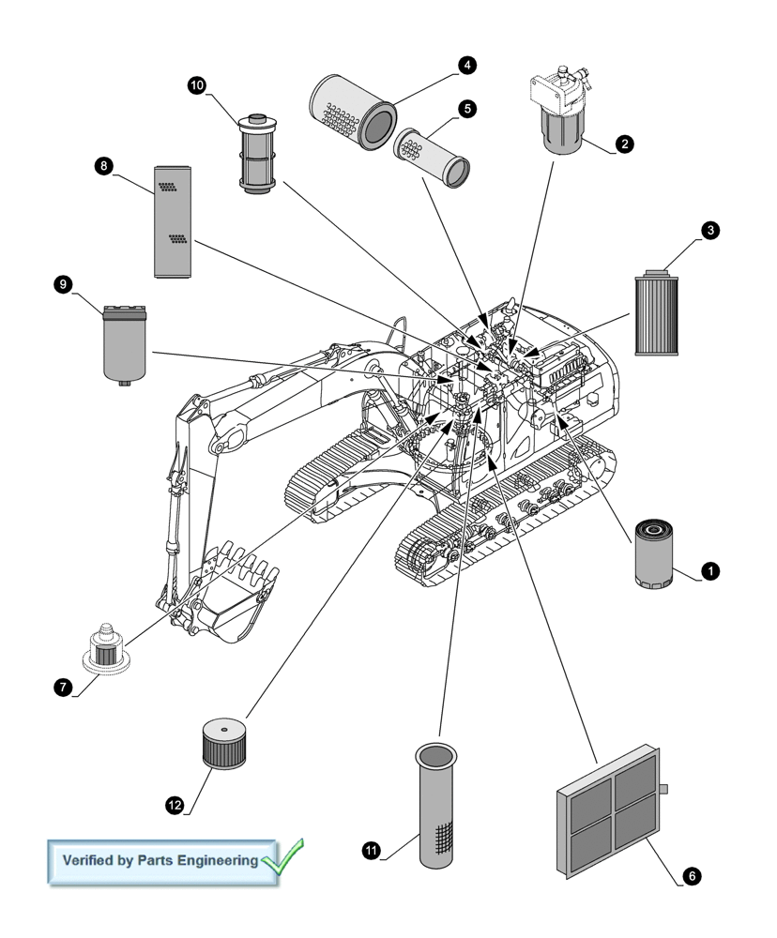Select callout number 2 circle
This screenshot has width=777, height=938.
[x=625, y=144]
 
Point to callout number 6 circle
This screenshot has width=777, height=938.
[x=691, y=876]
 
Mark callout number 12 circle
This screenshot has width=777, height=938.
[x=175, y=805]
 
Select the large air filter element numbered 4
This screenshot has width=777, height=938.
[x=354, y=110]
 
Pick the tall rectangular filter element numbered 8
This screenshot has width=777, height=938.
[x=173, y=221]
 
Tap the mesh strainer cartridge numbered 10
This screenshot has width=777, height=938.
[x=254, y=154]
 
